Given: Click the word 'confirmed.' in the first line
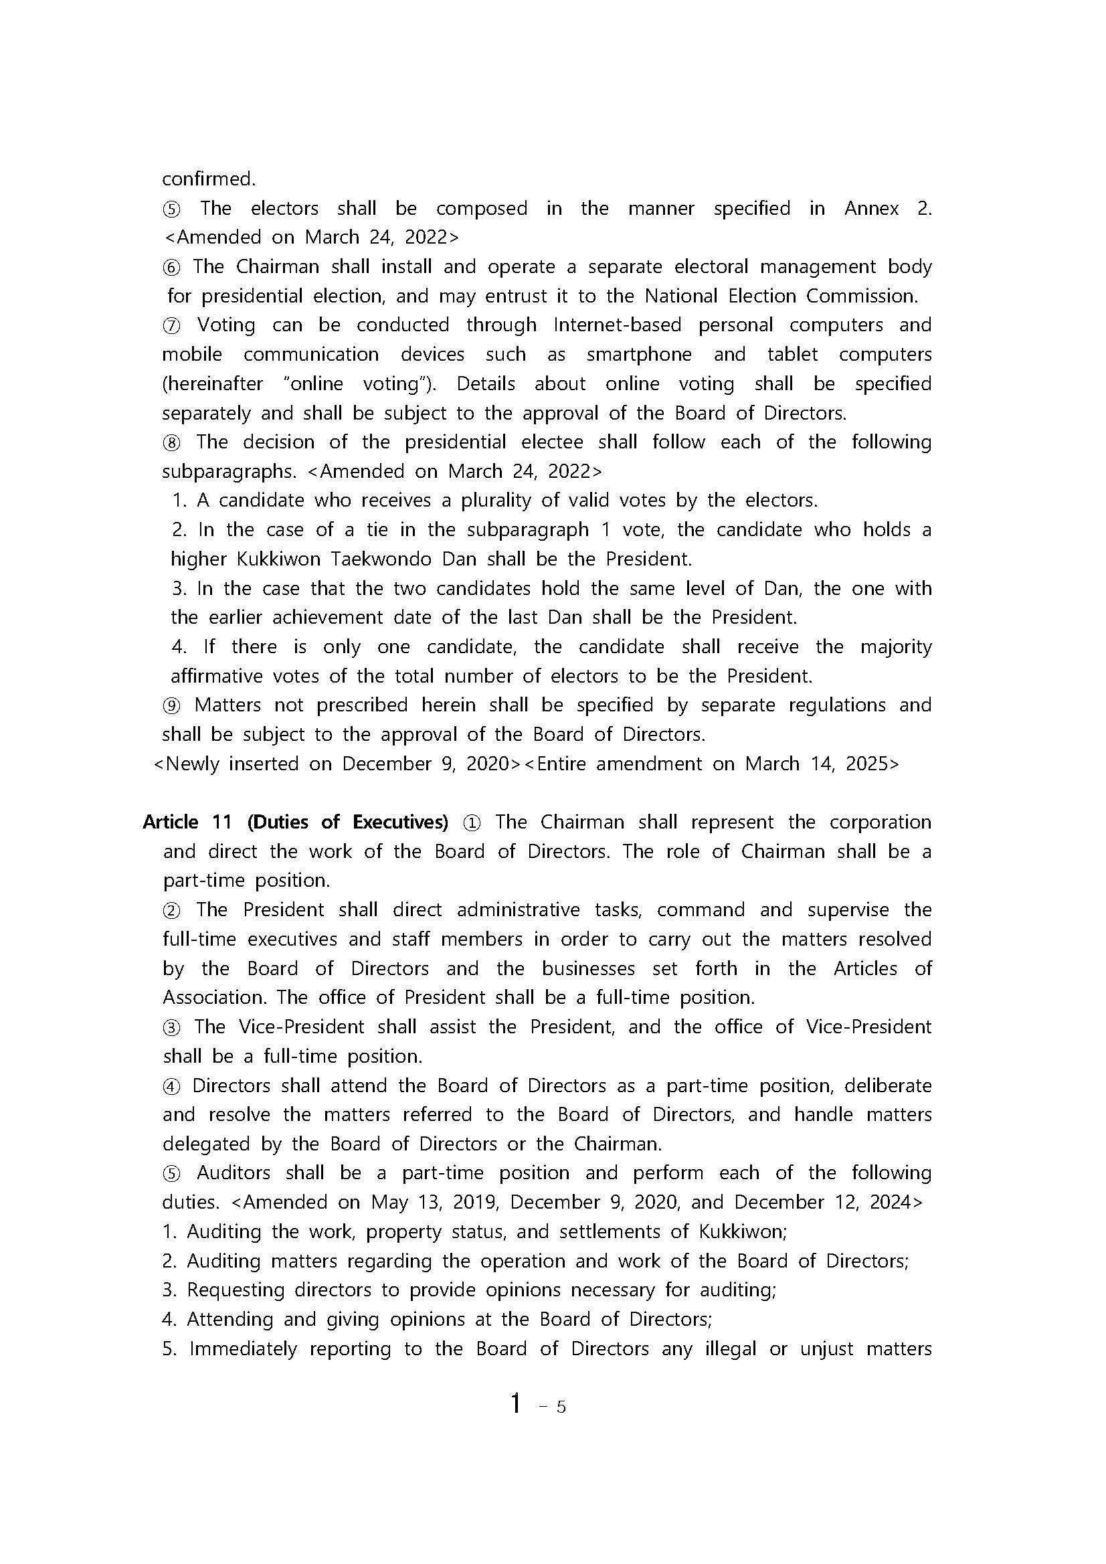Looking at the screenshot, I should click(x=208, y=179).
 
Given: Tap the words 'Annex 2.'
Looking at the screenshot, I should click(x=887, y=208).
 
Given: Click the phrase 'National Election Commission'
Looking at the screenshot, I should click(x=779, y=296).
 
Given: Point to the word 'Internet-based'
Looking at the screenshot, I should click(x=617, y=325).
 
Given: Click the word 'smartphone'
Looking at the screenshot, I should click(x=639, y=354).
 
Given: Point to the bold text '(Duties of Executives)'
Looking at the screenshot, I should click(x=347, y=822).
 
